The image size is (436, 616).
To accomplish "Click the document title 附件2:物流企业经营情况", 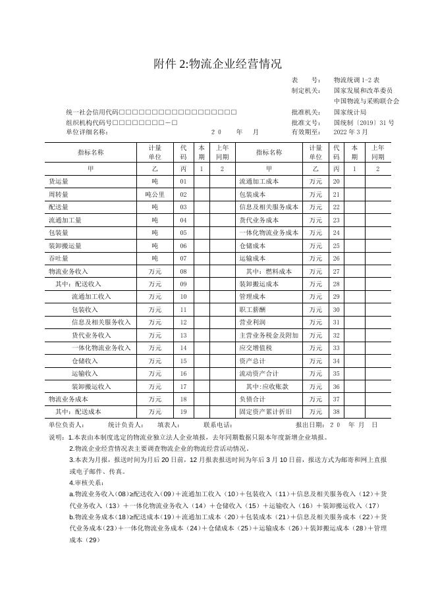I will (x=217, y=64).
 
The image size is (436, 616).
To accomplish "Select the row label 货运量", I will (x=59, y=182).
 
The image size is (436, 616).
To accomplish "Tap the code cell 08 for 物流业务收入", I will (x=183, y=272).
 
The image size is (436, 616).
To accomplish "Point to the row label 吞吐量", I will (x=59, y=259).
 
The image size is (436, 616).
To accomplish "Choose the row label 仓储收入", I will (x=84, y=361).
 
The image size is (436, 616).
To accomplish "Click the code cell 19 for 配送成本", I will (x=183, y=412).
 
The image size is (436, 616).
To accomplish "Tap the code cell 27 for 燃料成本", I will (x=336, y=272).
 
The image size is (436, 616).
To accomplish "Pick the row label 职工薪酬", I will (x=252, y=310).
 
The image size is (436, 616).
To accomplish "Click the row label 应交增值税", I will (x=255, y=348).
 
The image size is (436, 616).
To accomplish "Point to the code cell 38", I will (x=336, y=412).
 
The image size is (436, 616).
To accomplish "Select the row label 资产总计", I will (x=252, y=361).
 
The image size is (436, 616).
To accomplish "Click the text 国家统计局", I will (x=350, y=113).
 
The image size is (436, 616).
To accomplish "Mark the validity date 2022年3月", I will (x=350, y=132).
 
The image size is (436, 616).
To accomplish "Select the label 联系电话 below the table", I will (x=218, y=425).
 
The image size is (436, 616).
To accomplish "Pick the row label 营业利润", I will (x=252, y=323).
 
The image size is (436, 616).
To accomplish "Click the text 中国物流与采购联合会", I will (x=366, y=101).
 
